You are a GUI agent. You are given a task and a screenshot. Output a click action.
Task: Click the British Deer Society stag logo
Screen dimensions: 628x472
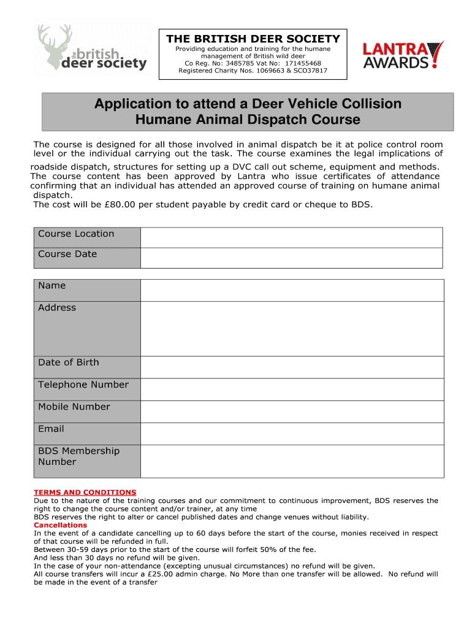pyautogui.click(x=92, y=49)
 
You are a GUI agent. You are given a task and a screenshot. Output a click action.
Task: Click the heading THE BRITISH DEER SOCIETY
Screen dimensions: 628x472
pyautogui.click(x=253, y=39)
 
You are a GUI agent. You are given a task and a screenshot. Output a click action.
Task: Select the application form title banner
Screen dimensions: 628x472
pyautogui.click(x=248, y=112)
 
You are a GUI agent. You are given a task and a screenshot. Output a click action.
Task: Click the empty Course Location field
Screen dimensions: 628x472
pyautogui.click(x=291, y=237)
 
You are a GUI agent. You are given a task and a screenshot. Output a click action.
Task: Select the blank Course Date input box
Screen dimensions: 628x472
pyautogui.click(x=291, y=258)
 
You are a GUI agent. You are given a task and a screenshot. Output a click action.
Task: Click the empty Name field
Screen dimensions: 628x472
pyautogui.click(x=292, y=290)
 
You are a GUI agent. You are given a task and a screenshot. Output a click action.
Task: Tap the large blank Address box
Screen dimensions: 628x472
pyautogui.click(x=292, y=328)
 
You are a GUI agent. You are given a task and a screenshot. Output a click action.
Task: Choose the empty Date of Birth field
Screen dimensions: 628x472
pyautogui.click(x=292, y=367)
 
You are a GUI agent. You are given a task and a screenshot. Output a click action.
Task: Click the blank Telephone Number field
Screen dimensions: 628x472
pyautogui.click(x=292, y=389)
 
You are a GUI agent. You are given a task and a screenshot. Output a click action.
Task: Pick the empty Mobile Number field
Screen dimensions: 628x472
pyautogui.click(x=292, y=411)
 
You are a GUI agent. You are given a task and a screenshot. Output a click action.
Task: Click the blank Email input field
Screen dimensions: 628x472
pyautogui.click(x=292, y=433)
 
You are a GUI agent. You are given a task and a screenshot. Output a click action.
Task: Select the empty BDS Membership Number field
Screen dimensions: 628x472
pyautogui.click(x=292, y=461)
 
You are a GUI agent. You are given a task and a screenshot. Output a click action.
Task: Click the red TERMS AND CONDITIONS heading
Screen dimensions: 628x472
pyautogui.click(x=85, y=492)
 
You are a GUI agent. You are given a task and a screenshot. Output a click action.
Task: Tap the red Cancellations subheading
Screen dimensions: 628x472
pyautogui.click(x=60, y=525)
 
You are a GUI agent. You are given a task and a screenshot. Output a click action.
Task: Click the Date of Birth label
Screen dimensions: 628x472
pyautogui.click(x=68, y=362)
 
